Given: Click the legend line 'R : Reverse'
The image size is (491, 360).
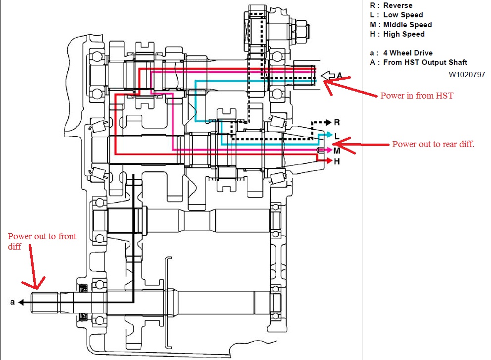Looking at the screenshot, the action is pos(391,5).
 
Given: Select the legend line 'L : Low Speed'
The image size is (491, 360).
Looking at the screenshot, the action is pos(396,15).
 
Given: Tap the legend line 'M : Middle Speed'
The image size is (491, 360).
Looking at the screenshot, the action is pos(401,24).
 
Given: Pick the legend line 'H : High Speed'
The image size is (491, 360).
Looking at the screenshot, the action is pos(397,34).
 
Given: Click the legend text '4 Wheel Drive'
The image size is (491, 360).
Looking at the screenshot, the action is pos(408,53).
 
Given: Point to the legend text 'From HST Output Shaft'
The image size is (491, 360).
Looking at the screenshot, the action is pos(425,62).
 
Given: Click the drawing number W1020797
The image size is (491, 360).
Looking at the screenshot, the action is pos(467,75).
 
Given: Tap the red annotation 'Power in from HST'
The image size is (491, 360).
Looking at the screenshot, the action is pos(417,96).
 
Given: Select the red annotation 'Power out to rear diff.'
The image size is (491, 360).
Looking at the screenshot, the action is pos(434,144).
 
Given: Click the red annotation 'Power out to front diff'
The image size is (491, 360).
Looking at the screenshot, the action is pos(42,241).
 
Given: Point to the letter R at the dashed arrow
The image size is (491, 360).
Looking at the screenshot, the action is pos(337,122).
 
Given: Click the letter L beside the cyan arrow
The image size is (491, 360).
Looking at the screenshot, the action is pos(337,136).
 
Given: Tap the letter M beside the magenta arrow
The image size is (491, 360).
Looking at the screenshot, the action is pos(337,151).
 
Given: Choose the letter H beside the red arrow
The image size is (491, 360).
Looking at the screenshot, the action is pos(337,161).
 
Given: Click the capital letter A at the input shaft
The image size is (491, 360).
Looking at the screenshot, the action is pos(339,75).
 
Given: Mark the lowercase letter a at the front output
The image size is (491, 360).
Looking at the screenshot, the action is pos(12,302).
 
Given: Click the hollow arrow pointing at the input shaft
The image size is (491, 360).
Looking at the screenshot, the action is pos(328,75).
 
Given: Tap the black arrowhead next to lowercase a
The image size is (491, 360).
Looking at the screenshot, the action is pos(21,303).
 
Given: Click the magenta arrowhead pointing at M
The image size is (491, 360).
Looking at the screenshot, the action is pos(329,150).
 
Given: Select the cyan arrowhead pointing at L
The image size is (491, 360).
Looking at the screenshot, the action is pos(329,134).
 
